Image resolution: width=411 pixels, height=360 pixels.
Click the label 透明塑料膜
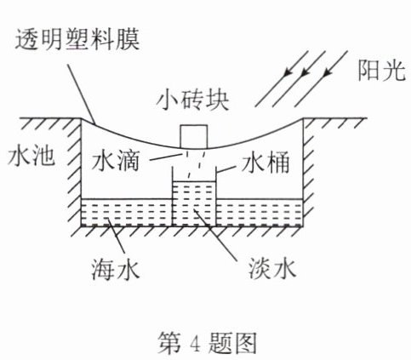pos(77,40)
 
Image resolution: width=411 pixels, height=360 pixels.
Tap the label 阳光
pos(381,70)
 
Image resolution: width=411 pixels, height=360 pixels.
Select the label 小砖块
pos(193,100)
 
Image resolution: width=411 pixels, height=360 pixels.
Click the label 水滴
pos(116,160)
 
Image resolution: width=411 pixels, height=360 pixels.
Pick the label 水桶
pos(265,163)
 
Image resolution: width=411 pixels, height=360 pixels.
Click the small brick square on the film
pos(194,136)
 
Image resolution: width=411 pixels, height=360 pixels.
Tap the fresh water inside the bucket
pos(194,203)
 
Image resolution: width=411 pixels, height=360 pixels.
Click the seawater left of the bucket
pos(127,212)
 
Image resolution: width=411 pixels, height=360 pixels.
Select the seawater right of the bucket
pos(259,212)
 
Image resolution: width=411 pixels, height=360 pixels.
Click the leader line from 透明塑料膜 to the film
pos(82,94)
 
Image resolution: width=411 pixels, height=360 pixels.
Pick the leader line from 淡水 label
pos(214,234)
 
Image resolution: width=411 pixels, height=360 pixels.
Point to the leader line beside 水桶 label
pos(226,169)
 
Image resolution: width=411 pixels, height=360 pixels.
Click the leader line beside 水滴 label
pos(165,157)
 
